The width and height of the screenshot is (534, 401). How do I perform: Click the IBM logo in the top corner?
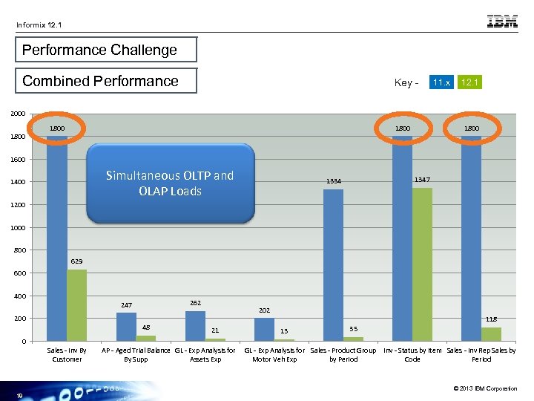502,22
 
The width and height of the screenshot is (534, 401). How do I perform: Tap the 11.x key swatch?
442,82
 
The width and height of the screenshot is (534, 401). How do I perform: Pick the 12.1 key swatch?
469,82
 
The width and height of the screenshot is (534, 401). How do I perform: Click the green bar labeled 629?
77,304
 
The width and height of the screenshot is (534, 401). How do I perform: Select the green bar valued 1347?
422,264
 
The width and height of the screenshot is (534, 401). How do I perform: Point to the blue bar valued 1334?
334,264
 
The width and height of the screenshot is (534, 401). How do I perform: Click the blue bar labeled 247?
127,327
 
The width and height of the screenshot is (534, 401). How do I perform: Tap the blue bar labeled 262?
195,326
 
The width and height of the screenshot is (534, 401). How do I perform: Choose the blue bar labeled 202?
264,329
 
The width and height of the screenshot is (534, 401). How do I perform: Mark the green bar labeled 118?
491,333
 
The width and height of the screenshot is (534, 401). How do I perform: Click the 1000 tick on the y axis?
17,227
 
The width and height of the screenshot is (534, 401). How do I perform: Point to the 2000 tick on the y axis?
17,114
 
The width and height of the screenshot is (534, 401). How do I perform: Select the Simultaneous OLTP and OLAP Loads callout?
170,183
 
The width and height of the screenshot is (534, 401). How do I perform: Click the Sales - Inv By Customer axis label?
67,355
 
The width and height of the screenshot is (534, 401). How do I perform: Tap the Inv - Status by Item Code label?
412,355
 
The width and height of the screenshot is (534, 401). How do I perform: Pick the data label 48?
146,327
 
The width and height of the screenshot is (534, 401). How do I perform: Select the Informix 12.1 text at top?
39,25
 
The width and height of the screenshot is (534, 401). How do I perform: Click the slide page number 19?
19,396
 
